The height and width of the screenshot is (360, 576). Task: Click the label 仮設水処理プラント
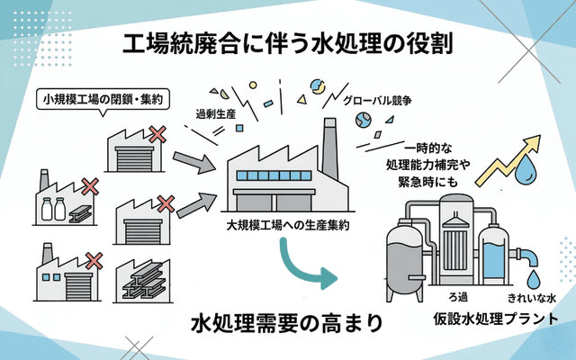point(490,319)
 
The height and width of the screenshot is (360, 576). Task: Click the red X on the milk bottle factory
point(89,187)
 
